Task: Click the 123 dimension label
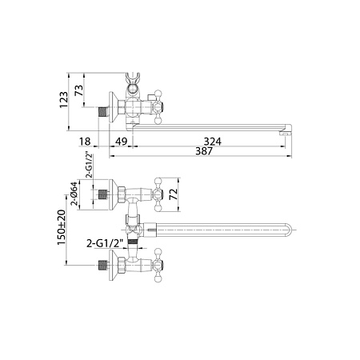[x=64, y=100]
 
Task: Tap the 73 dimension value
[x=79, y=90]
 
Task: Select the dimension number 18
[x=85, y=142]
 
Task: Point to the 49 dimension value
[x=121, y=142]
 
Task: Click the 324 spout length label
[x=213, y=142]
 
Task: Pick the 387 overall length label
[x=204, y=151]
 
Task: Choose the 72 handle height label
[x=174, y=194]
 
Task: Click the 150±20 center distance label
[x=61, y=227]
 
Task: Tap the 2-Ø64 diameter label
[x=74, y=194]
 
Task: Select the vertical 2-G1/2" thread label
[x=90, y=166]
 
